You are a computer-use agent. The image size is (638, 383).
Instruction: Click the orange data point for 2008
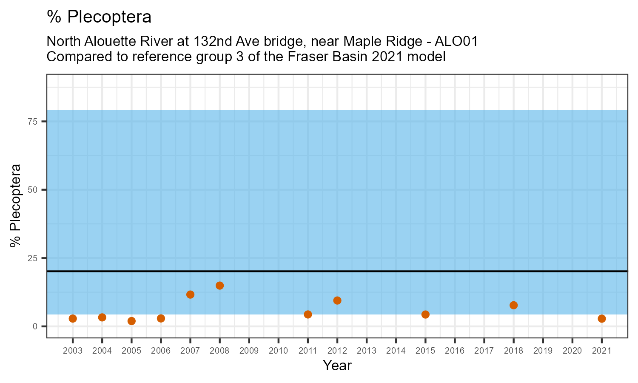pos(219,286)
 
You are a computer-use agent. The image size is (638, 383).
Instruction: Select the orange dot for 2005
pos(131,321)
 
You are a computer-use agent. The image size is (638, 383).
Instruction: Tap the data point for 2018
pos(513,305)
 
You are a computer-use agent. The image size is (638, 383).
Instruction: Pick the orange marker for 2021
pos(601,319)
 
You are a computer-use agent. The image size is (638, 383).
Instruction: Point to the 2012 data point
pos(337,300)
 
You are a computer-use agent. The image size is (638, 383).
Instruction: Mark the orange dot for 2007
pos(190,294)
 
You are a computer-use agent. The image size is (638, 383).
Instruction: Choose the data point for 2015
pos(425,314)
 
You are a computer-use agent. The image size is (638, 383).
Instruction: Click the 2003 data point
pos(73,319)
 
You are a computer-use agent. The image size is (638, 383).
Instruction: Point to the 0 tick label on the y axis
pos(36,326)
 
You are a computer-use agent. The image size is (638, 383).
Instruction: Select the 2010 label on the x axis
pos(278,351)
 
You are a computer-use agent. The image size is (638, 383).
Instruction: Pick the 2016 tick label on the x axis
pos(455,351)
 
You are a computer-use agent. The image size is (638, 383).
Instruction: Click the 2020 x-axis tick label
pos(572,351)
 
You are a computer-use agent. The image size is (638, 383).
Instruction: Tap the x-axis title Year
pos(337,366)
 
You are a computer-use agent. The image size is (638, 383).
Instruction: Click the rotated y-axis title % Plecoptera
pos(16,206)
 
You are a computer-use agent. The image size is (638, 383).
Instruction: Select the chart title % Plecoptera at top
pos(99,17)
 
